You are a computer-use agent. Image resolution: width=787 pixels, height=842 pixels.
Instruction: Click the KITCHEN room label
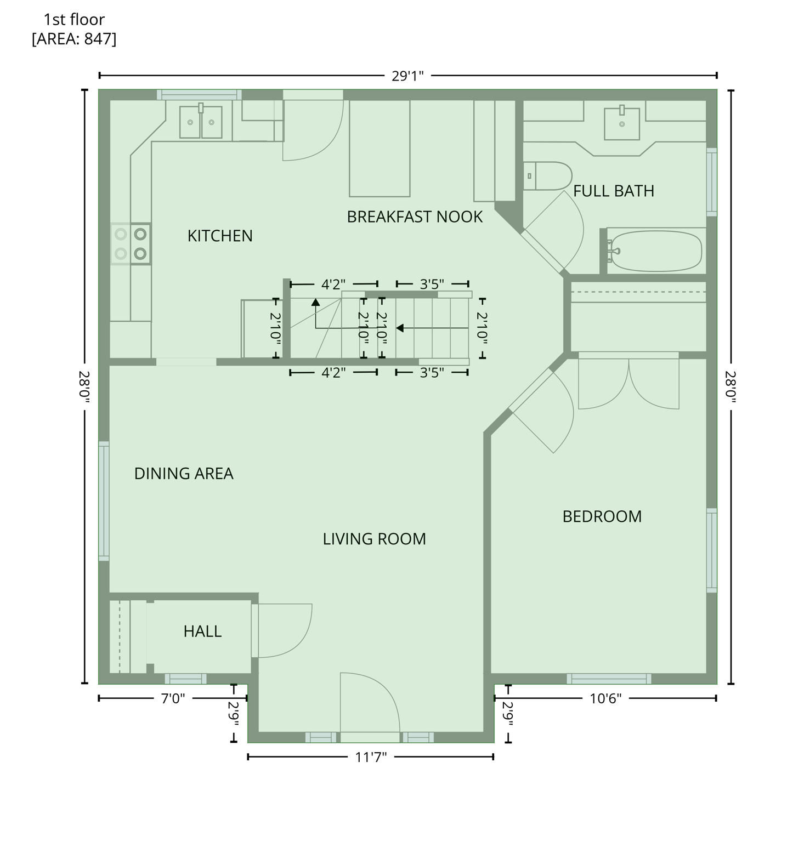pos(220,236)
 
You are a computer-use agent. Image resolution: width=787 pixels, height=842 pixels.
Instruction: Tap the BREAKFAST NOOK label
pos(415,217)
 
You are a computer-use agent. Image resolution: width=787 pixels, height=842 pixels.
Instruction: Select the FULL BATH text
pos(613,191)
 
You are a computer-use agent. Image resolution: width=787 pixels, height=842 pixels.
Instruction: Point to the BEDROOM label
pos(602,516)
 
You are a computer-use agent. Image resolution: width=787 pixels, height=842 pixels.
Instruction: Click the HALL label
pos(202,631)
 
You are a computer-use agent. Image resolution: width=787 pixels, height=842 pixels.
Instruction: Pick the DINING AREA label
pos(184,474)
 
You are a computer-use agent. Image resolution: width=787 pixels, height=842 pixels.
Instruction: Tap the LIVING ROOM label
pos(374,539)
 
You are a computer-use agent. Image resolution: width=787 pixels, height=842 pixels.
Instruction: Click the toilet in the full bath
pos(547,176)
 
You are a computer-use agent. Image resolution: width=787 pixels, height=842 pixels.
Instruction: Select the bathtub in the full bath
pos(656,251)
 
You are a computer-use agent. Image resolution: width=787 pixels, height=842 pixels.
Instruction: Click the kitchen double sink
pos(201,122)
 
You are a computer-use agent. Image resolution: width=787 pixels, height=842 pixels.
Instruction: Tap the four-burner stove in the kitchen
pos(131,244)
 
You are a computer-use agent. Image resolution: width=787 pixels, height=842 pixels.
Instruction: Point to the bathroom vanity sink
pos(621,124)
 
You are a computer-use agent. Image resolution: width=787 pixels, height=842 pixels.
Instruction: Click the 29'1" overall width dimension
pos(407,76)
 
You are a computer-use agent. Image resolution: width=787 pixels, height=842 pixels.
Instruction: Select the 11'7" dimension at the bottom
pos(371,757)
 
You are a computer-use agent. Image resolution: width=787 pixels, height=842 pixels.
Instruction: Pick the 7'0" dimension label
pos(173,698)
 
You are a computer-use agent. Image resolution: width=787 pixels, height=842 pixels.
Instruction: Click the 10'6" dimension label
pos(605,698)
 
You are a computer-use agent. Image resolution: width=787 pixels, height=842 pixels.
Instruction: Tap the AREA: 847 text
pos(74,39)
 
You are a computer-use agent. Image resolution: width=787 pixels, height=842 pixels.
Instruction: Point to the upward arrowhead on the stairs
pos(315,302)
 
